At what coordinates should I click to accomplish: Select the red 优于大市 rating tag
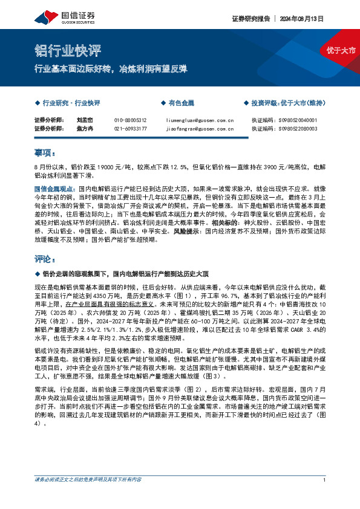341,50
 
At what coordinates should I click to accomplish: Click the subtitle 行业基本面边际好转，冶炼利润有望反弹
110,68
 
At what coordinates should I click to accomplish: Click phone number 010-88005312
130,120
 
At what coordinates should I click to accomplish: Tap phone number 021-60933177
130,128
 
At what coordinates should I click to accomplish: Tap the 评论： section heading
45,259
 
